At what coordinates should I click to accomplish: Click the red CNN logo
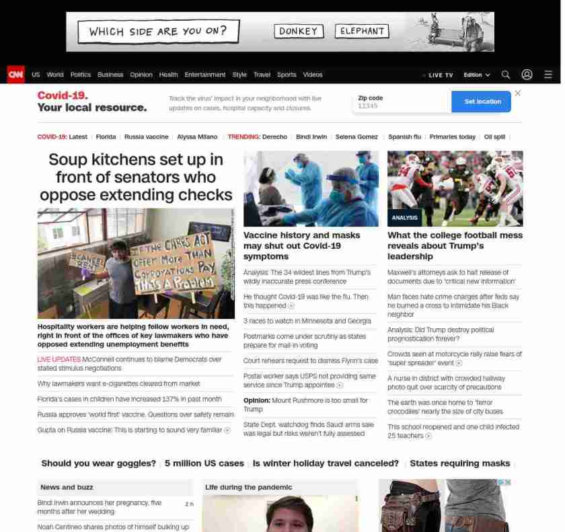tap(15, 75)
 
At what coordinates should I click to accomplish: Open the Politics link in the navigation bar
tap(81, 75)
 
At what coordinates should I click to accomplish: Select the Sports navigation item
tap(287, 75)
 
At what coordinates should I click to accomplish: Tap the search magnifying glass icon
tap(506, 75)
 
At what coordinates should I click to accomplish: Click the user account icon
tap(527, 75)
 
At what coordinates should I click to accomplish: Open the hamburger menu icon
tap(548, 75)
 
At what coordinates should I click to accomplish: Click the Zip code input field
tap(402, 106)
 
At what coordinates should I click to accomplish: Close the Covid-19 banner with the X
tap(517, 93)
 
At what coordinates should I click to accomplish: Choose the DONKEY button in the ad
tap(299, 31)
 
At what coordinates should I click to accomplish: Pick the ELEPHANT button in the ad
tap(363, 31)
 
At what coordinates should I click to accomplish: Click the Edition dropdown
tap(477, 75)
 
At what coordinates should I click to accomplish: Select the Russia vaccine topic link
tap(147, 137)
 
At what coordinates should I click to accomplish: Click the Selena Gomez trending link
tap(356, 137)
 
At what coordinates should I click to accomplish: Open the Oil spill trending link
tap(494, 137)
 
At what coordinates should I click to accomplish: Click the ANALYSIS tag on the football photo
tap(405, 217)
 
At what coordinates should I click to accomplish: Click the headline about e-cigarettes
tap(119, 383)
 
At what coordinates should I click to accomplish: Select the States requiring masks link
tap(459, 463)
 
